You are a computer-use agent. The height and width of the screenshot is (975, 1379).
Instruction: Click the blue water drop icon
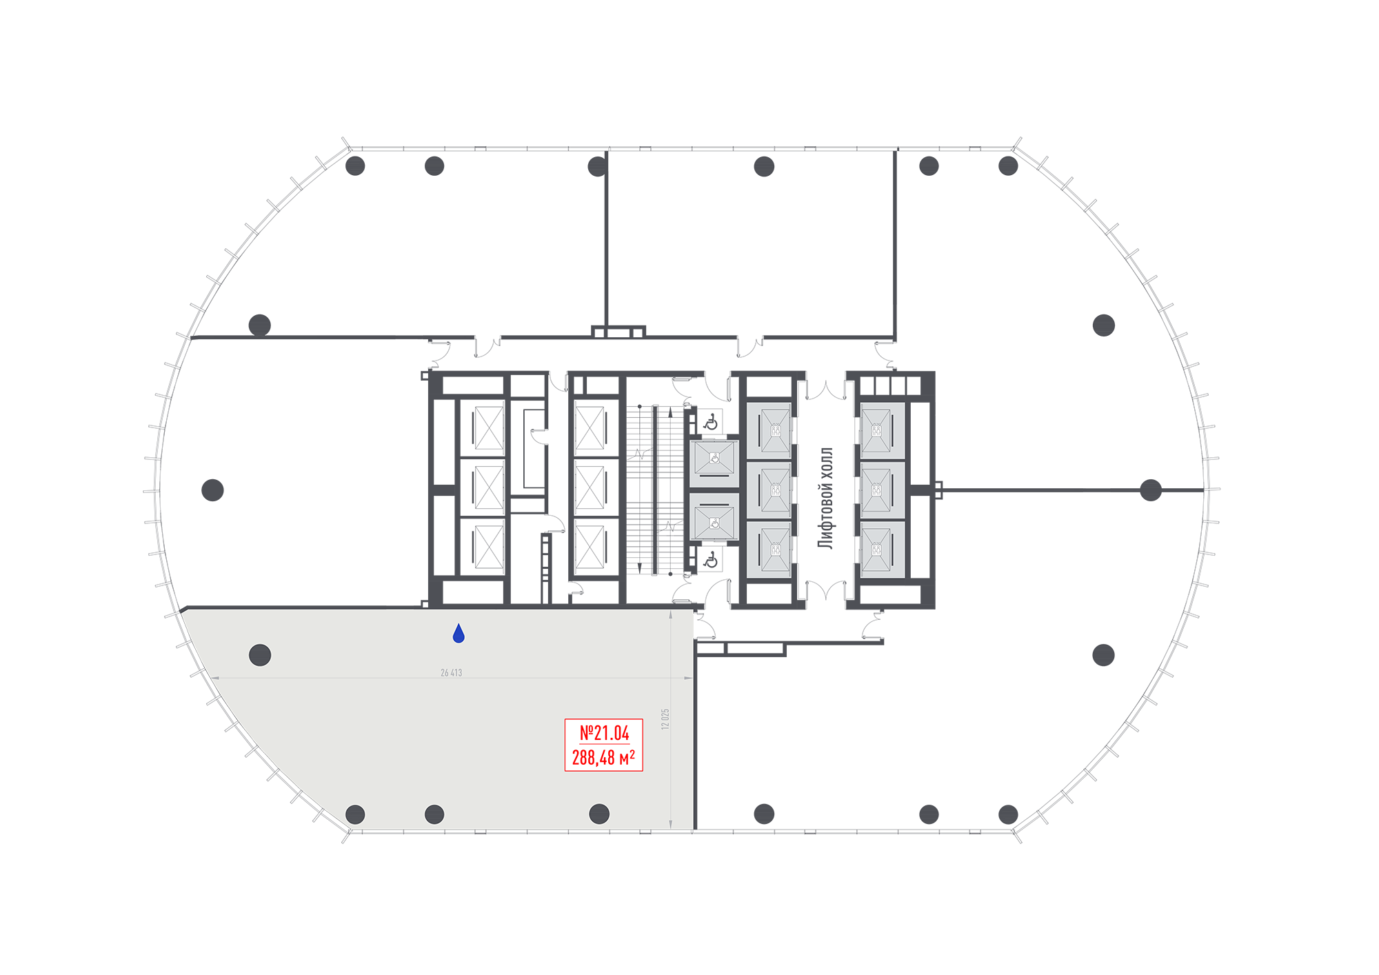(459, 634)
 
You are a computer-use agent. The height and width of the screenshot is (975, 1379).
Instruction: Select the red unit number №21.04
(604, 733)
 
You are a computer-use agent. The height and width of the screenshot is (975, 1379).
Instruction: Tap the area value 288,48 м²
(603, 758)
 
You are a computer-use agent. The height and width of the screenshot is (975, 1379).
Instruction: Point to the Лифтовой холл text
(825, 498)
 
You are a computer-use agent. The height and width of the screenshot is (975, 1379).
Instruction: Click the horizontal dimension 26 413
(451, 672)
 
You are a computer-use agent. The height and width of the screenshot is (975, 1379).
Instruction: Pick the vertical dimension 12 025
(665, 719)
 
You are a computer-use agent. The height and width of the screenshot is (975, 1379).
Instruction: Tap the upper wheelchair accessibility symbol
(711, 422)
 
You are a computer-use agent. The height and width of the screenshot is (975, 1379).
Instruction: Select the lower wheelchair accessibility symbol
(711, 560)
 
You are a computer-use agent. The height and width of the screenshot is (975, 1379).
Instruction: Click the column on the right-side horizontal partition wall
(1151, 490)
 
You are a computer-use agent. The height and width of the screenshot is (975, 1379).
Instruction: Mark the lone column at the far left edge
(212, 490)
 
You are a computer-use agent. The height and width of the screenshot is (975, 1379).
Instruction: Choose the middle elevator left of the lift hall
(769, 490)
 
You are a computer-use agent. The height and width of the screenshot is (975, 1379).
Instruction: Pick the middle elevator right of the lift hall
(883, 490)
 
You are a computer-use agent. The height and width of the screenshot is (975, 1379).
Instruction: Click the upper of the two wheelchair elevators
(714, 463)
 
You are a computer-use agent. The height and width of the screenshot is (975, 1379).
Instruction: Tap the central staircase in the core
(655, 490)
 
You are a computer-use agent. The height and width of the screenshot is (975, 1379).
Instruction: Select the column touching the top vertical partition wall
(597, 166)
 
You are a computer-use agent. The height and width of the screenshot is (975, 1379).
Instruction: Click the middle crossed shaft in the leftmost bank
(489, 487)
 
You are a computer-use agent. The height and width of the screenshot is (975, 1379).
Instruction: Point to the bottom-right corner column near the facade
(1008, 814)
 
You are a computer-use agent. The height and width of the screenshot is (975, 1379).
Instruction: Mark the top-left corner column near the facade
(355, 166)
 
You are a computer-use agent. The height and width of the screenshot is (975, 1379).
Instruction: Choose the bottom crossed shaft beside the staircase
(590, 547)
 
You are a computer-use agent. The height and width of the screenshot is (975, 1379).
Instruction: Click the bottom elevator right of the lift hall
(883, 550)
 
